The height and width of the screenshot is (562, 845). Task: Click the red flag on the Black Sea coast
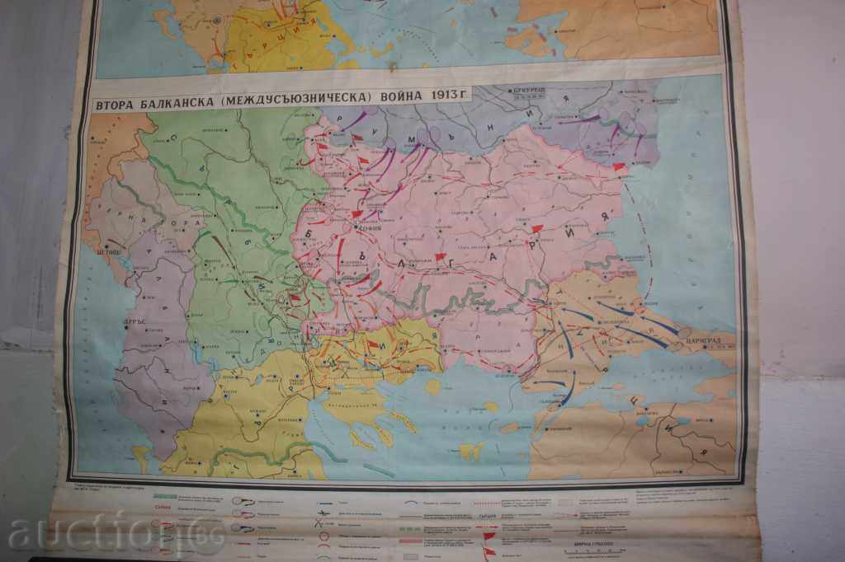pos(619,167)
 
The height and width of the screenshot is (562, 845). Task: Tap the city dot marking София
pos(356,226)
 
